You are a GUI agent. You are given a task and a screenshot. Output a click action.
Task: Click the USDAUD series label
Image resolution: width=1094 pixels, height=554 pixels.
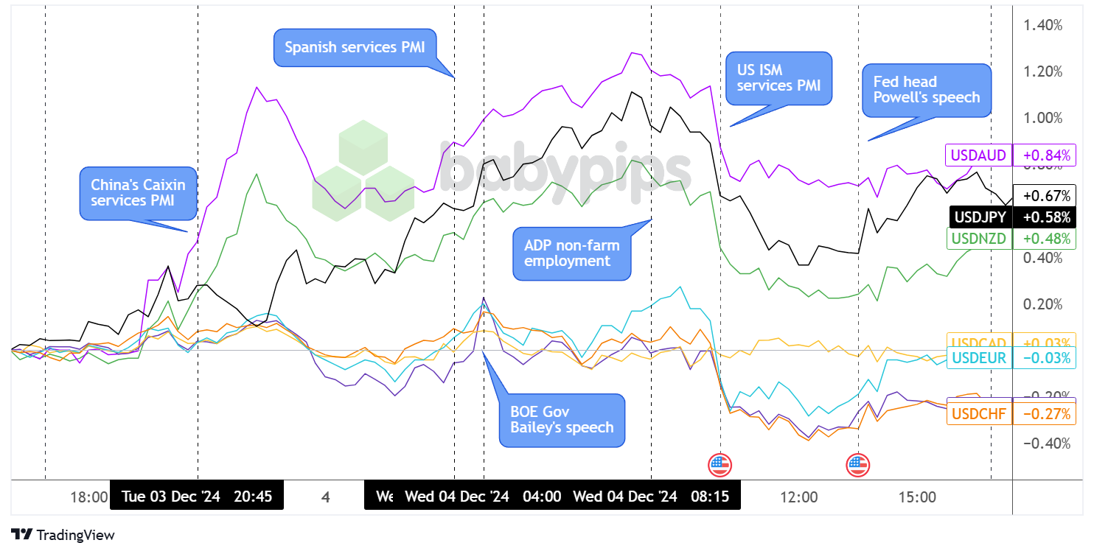978,155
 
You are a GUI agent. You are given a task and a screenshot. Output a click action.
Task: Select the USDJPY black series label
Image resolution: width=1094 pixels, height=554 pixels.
980,217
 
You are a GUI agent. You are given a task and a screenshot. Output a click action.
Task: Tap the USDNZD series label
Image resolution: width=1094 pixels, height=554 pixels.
978,239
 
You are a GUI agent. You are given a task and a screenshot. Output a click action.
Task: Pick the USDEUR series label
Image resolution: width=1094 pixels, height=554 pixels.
978,358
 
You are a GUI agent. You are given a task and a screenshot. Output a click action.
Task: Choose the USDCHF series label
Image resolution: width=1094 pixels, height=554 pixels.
978,414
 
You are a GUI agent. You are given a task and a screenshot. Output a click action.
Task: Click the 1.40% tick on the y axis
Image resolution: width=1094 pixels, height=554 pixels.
1042,25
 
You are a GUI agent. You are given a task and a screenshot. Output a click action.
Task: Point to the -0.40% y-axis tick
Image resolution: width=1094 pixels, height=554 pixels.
1042,443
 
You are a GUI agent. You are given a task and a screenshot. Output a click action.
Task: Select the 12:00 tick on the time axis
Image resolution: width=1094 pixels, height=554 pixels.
798,497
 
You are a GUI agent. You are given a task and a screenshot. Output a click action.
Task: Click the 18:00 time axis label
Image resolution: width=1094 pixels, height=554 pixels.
89,497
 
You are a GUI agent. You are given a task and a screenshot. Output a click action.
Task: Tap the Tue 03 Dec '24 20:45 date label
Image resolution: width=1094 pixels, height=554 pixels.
197,497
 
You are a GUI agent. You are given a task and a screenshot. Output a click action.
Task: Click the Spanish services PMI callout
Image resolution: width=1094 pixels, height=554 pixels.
355,47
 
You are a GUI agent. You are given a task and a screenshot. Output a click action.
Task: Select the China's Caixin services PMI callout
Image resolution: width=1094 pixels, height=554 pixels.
138,192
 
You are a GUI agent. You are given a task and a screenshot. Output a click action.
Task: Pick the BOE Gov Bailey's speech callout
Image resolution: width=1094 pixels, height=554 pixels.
562,419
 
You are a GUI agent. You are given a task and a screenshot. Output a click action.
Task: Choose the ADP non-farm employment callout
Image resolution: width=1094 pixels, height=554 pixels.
572,252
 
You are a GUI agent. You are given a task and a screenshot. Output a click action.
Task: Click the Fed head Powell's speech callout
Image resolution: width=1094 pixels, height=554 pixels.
927,89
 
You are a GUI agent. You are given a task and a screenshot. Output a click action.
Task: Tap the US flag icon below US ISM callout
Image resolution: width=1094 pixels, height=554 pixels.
720,465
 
